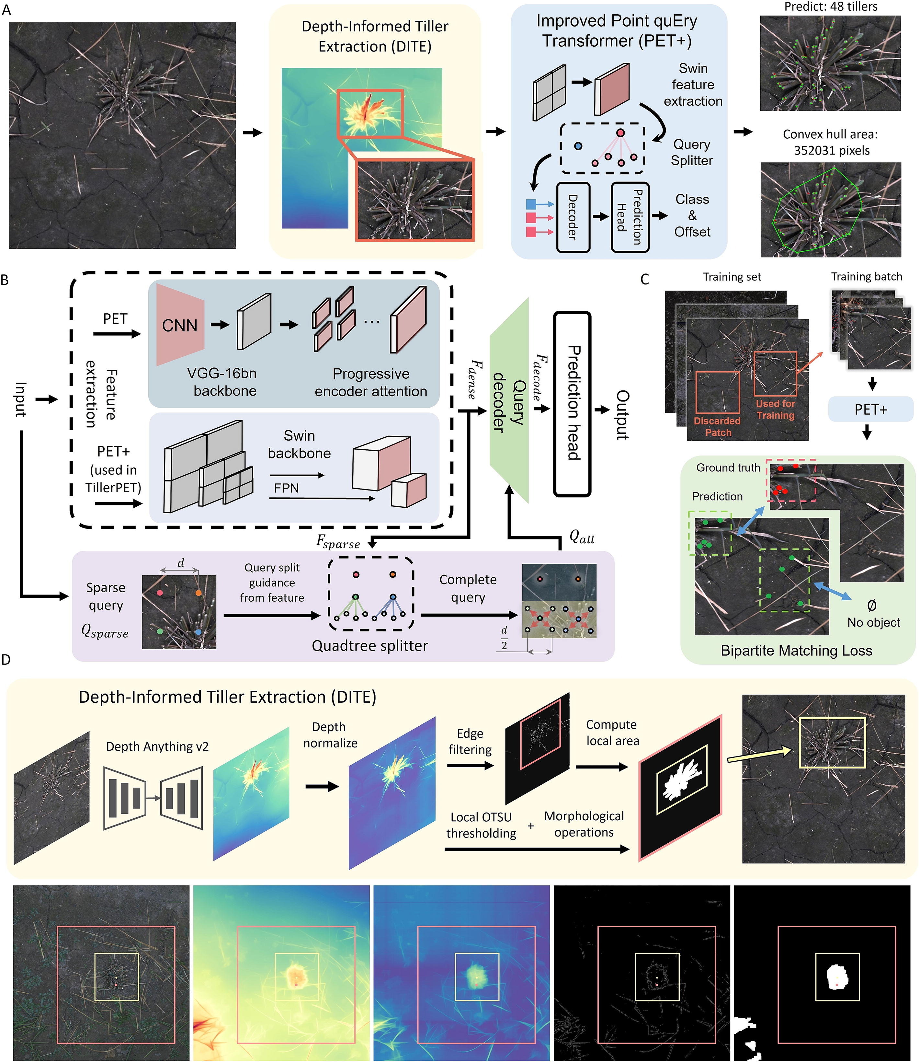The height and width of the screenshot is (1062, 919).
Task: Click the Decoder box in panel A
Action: coord(573,217)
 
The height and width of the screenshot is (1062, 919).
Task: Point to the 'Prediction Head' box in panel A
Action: coord(630,217)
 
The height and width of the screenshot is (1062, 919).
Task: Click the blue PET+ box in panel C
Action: coord(870,410)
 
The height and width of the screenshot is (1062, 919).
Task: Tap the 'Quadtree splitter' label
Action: coord(370,645)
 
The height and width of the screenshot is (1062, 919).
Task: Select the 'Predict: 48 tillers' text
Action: coord(831,7)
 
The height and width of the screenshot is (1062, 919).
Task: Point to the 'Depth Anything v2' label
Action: coord(157,746)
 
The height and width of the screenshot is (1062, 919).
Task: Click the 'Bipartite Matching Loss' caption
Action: coord(796,651)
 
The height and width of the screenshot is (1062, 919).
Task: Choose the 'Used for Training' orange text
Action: coord(776,410)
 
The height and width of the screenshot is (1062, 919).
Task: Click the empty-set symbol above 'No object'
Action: coord(871,606)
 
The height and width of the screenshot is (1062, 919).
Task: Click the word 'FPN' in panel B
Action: coord(286,488)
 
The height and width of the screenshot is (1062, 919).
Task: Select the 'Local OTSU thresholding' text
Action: coord(481,825)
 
